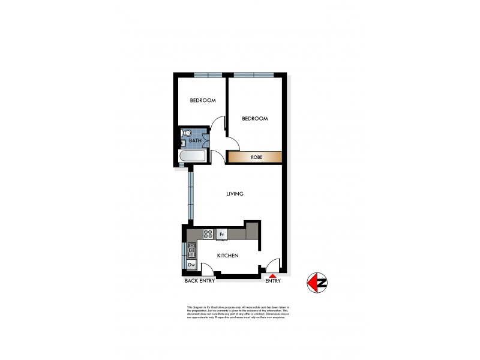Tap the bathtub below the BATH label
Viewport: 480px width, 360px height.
(x=193, y=157)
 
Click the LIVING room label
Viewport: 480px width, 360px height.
(x=234, y=194)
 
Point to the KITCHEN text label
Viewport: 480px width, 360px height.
(x=228, y=256)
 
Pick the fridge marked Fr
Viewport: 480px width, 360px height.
(x=221, y=234)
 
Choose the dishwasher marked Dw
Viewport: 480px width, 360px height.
(x=191, y=264)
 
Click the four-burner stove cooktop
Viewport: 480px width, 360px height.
(x=208, y=234)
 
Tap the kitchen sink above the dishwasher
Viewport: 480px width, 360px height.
(x=192, y=249)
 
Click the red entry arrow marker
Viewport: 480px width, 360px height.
(x=273, y=275)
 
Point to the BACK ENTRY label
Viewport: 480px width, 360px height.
(x=199, y=281)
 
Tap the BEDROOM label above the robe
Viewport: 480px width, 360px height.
(x=254, y=119)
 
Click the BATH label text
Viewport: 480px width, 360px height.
(x=195, y=141)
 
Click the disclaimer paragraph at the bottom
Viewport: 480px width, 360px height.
(x=238, y=311)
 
